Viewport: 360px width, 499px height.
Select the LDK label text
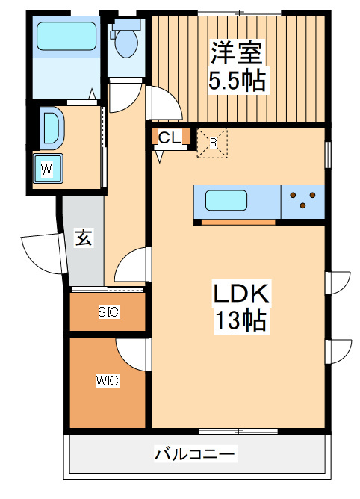pos(240,293)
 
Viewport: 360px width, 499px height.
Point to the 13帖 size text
pos(240,321)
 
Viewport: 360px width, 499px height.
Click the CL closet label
pos(169,137)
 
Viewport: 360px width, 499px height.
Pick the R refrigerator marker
pos(214,142)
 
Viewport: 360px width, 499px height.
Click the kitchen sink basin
pos(226,201)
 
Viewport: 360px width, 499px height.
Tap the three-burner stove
pos(303,201)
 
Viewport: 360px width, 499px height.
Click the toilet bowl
pos(125,42)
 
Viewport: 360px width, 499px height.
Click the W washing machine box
pos(47,168)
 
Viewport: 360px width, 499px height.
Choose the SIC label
pos(108,312)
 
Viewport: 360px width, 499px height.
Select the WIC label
pos(107,380)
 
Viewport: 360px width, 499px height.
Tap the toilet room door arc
pos(127,96)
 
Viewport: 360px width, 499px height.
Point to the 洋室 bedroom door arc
pos(163,103)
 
